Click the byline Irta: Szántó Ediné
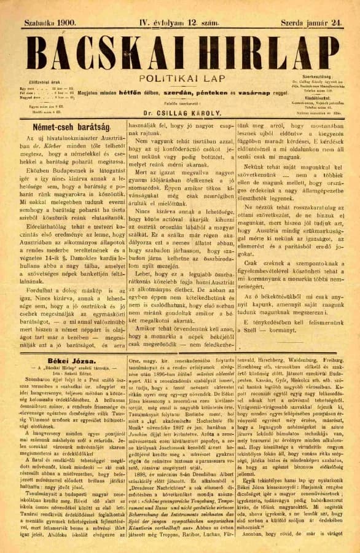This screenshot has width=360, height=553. (66, 372)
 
